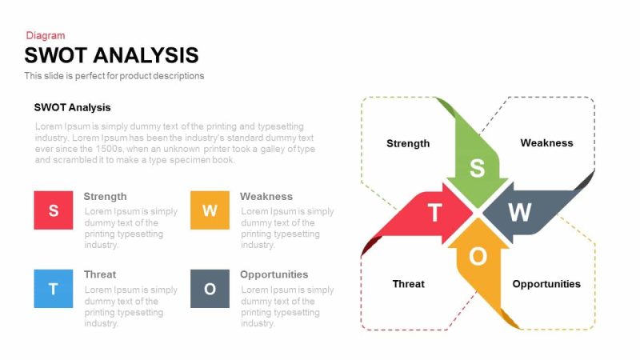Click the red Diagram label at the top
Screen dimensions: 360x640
tap(46, 35)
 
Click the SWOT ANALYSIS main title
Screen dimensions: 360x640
tap(111, 55)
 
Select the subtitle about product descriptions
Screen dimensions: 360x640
tap(114, 76)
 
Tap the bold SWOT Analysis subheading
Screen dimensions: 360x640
tap(72, 107)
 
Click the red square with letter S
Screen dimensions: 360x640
tap(54, 210)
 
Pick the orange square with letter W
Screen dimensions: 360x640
tap(210, 210)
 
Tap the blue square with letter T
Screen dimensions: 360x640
tap(54, 289)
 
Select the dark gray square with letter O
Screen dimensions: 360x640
tap(210, 289)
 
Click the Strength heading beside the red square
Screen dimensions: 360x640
tap(105, 196)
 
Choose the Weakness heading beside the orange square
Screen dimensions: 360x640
tap(266, 196)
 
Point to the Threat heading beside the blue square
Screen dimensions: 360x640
tap(100, 274)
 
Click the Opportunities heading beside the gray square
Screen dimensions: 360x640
tap(274, 274)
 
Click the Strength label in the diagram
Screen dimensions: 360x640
tap(408, 143)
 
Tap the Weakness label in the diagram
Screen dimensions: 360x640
tap(546, 142)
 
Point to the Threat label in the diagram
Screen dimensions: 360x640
tap(408, 283)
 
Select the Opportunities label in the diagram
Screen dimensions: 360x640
tap(546, 283)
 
